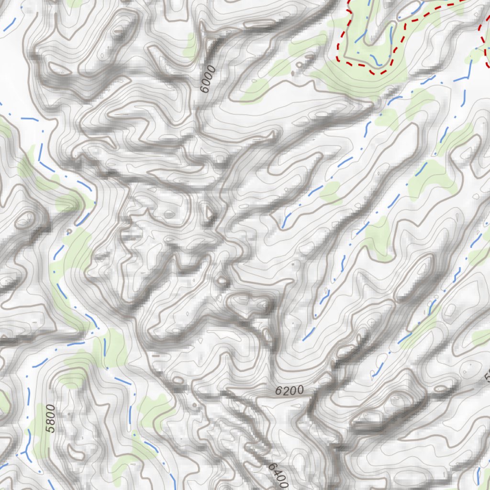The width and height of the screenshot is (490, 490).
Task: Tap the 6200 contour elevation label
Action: click(x=290, y=390)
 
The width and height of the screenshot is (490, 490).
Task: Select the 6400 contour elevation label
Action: click(x=278, y=475)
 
